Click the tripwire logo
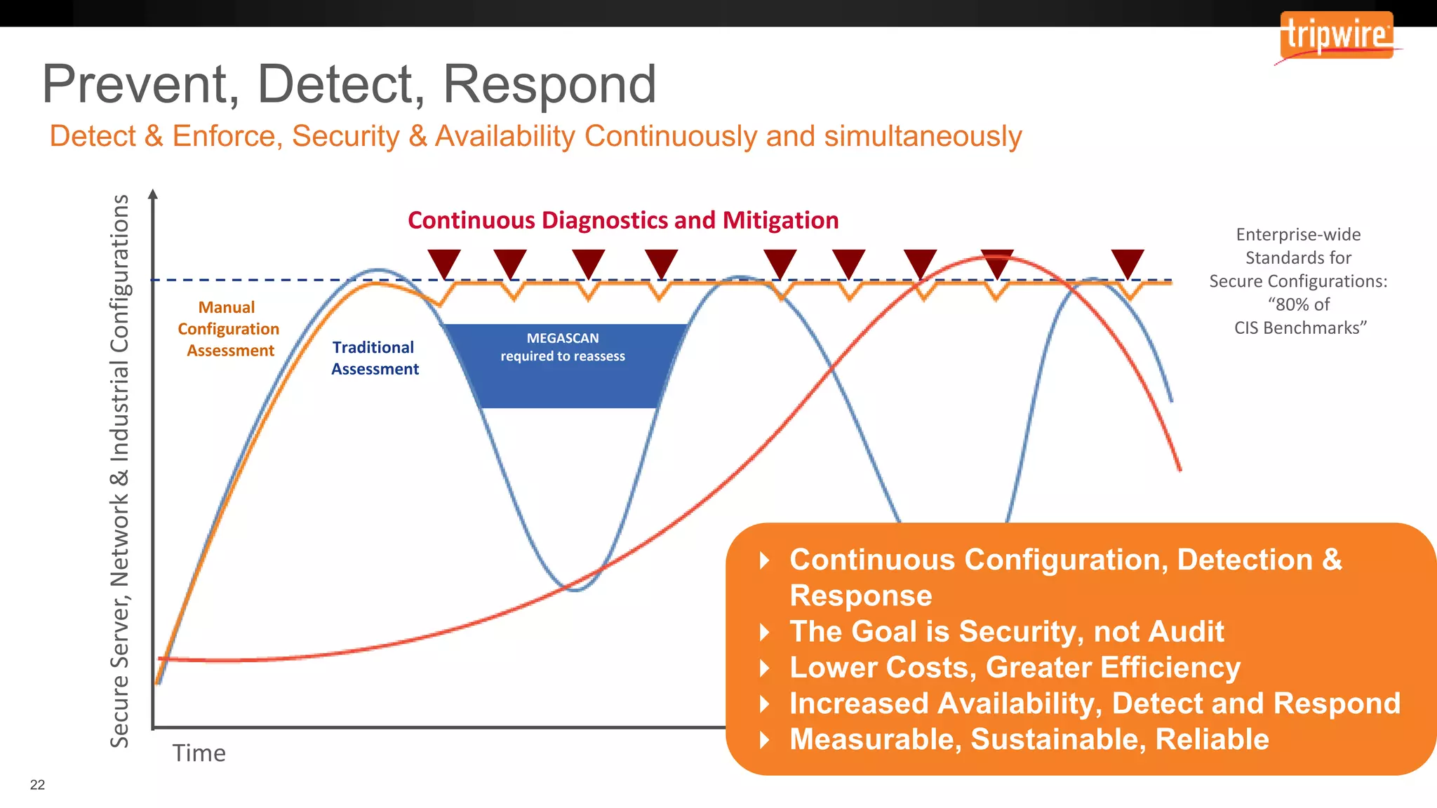click(1337, 35)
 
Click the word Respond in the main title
click(549, 84)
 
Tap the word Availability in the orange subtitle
click(505, 136)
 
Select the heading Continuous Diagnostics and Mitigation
click(623, 220)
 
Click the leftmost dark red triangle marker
click(444, 262)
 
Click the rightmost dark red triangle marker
click(1128, 262)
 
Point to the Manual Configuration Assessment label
click(229, 329)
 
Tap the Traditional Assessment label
click(375, 358)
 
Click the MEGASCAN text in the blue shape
click(563, 338)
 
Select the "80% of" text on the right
click(1299, 304)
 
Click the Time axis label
click(199, 753)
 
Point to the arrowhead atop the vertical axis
click(153, 194)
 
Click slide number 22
click(37, 785)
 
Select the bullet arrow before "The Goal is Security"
click(765, 632)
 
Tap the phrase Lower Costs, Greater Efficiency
click(1015, 667)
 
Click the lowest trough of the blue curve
click(575, 590)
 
